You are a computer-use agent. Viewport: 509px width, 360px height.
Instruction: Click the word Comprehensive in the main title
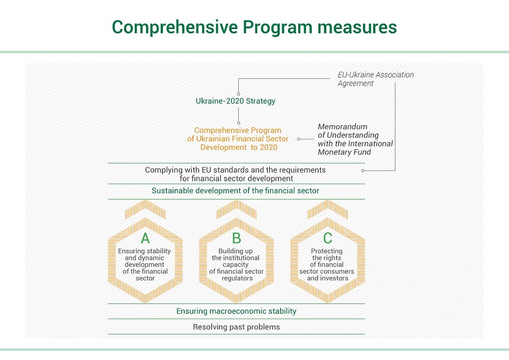coord(175,27)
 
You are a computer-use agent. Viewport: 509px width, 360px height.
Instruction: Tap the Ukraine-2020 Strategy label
coord(235,101)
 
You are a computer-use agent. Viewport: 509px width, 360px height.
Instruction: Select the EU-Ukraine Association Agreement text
coord(376,79)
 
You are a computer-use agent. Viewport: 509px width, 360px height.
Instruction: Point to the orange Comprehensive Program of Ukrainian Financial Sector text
coord(238,139)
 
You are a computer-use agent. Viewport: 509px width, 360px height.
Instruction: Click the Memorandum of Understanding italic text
coord(355,139)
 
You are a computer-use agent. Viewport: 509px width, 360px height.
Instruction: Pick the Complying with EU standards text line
coord(235,174)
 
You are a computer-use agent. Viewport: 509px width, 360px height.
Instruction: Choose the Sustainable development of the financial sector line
coord(235,191)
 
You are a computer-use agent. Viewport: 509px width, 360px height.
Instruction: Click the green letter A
coord(145,238)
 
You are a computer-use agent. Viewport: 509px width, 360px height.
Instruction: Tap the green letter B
coord(236,238)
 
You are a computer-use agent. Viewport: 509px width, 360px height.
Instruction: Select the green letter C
coord(327,238)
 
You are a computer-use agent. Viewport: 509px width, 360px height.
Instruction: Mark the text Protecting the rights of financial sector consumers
coord(327,265)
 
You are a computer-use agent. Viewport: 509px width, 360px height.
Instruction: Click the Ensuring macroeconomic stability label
coord(236,311)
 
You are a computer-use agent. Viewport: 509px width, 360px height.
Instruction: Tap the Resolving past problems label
coord(236,327)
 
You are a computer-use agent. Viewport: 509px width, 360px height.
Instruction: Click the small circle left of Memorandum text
coord(299,139)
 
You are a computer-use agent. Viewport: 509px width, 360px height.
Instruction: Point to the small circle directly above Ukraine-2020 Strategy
coord(239,94)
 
